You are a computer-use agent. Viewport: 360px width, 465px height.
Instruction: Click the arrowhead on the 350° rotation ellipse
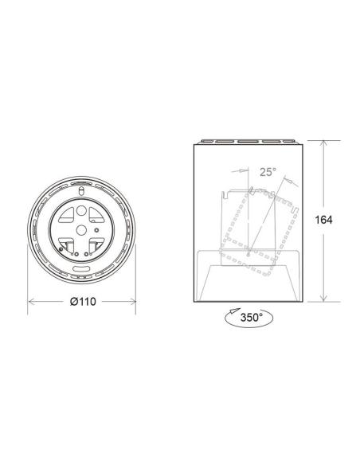[x=232, y=313]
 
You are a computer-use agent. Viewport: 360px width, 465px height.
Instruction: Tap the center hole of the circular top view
[x=81, y=229]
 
